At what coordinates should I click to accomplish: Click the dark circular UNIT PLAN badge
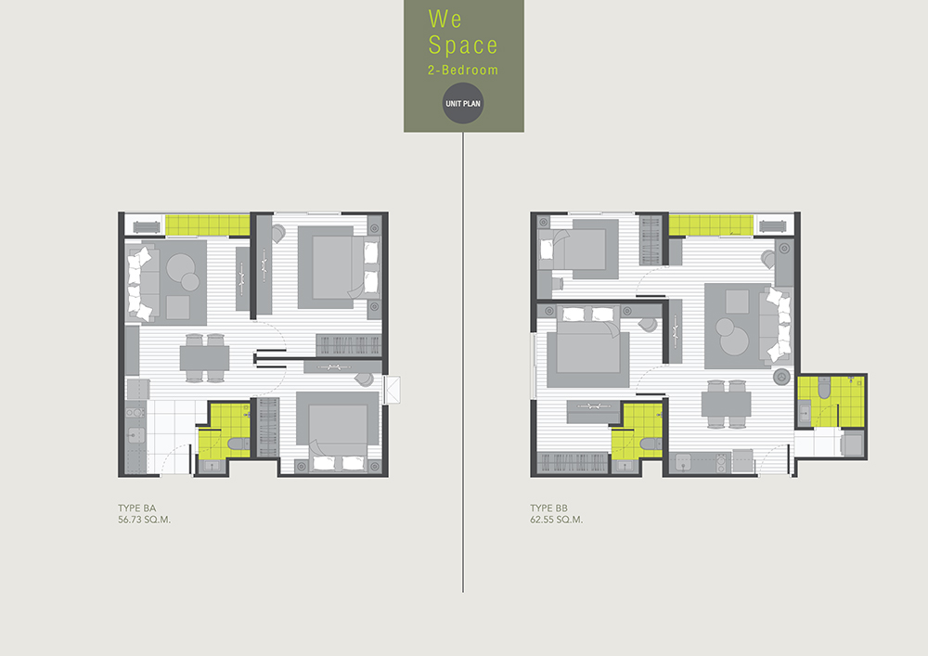[463, 104]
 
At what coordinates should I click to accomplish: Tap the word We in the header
[445, 19]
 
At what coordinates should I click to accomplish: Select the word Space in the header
[463, 45]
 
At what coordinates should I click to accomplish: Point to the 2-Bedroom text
[463, 70]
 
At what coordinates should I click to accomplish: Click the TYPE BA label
[136, 508]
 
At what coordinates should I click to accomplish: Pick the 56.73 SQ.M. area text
[144, 520]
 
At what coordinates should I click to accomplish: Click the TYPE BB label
[548, 508]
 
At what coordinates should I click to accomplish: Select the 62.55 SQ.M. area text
[556, 520]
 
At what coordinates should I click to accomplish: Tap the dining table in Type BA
[204, 358]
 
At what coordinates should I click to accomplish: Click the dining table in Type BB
[727, 404]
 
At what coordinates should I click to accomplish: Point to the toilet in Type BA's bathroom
[238, 444]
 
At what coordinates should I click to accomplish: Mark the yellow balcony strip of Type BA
[207, 225]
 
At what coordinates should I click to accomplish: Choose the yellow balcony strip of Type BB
[711, 225]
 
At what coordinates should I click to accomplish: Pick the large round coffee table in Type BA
[180, 268]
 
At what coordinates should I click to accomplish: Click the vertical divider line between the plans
[463, 362]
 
